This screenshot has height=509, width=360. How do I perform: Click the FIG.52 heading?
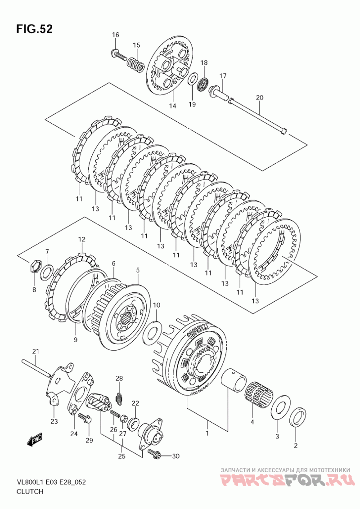34,29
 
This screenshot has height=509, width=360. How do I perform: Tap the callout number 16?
116,35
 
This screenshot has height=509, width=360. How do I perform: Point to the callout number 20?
260,98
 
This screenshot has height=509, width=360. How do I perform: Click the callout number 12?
81,239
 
